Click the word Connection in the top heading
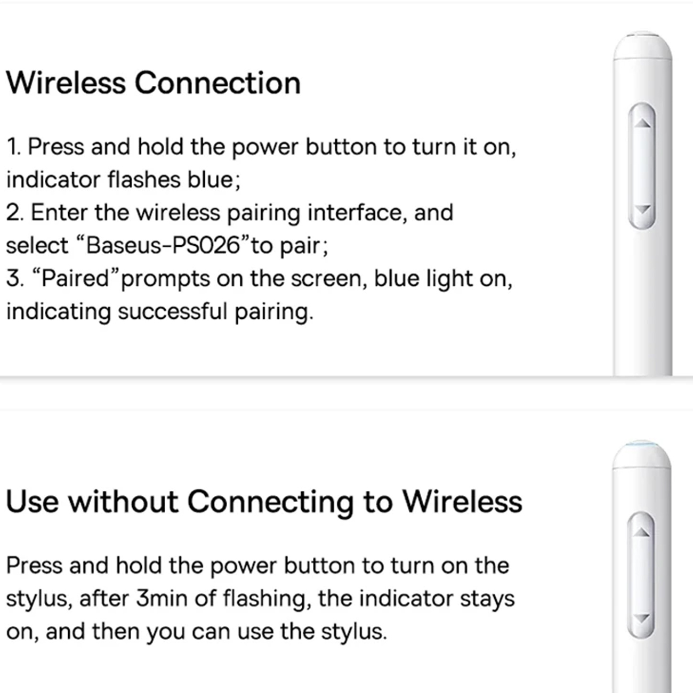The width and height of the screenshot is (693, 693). pos(217,83)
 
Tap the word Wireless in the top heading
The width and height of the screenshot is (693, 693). pos(66,83)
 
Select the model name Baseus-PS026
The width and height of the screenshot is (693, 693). pos(163,246)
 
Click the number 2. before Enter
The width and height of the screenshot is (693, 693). pos(15,213)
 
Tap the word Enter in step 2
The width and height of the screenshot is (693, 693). pos(59,213)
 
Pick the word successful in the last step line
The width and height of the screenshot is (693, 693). pos(173,311)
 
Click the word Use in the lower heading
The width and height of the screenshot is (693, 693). pos(33,502)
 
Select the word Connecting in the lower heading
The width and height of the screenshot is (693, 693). pos(271,502)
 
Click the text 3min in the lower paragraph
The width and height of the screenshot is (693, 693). pos(162,599)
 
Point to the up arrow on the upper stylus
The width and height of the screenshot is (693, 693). pos(642,123)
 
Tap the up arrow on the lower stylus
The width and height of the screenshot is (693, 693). pos(641,532)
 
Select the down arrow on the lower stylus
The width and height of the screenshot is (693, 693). pos(641,618)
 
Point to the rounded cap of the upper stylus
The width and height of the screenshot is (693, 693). pos(643,46)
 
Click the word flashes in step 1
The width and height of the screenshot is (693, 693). pos(144,180)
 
